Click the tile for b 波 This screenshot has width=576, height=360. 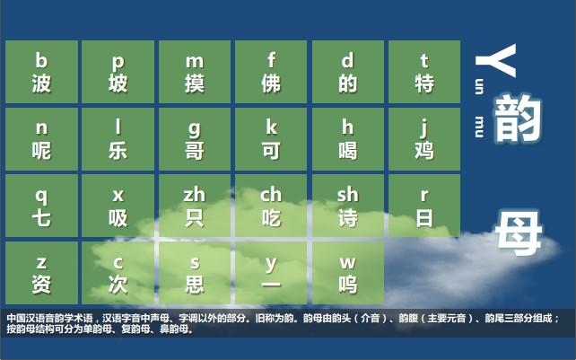coord(41,72)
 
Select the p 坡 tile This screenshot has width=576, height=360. coord(118,72)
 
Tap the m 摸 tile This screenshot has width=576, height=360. coord(195,72)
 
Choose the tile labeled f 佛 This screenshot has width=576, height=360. coord(271,72)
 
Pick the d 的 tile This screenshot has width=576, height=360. coord(347,72)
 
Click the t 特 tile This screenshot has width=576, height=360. coord(424,72)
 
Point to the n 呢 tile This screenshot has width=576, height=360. coord(41,139)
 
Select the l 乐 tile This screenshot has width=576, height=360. coord(118,139)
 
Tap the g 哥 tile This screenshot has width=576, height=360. coord(195,139)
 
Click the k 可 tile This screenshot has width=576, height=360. coord(271,139)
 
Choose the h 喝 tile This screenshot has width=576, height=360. coord(347,139)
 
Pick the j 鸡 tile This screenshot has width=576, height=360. coord(424,139)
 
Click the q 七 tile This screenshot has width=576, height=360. coord(41,206)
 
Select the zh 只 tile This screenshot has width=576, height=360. coord(195,206)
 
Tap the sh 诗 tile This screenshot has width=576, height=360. coord(347,206)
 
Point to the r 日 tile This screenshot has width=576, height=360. coord(424,206)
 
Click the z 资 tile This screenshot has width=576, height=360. coord(41,274)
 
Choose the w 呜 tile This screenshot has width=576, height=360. coord(347,274)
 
